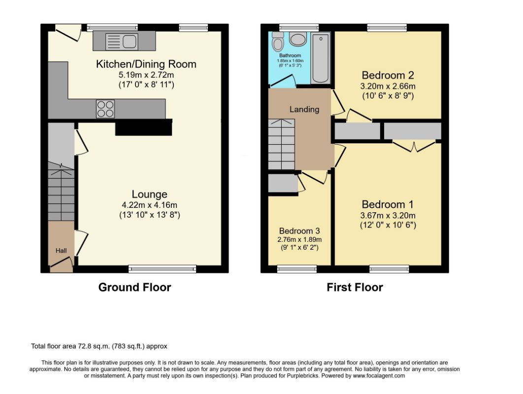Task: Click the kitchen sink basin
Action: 130,41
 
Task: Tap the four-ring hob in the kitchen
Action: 105,109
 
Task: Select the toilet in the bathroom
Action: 277,41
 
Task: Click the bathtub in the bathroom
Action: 320,58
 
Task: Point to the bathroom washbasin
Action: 297,39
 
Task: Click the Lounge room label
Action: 149,194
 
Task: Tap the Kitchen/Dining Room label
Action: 146,64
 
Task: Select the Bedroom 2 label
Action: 388,75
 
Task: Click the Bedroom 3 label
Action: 299,231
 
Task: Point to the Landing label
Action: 304,109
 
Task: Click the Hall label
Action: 61,251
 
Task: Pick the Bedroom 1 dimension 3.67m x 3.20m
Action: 388,216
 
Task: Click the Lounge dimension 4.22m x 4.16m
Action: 149,205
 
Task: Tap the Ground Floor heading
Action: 135,287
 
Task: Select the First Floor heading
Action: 355,287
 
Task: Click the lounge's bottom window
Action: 163,269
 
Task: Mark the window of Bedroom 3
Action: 297,269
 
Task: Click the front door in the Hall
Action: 62,262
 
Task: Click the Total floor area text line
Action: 99,346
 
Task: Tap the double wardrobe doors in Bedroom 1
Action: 414,147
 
